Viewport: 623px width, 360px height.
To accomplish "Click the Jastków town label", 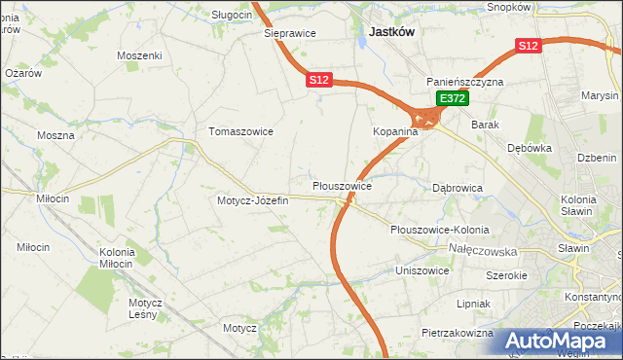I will click(391, 32).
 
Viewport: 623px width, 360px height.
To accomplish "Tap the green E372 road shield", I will click(453, 99).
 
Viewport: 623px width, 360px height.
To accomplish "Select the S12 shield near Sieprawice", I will click(320, 80).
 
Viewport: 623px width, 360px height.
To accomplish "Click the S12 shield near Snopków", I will click(528, 46).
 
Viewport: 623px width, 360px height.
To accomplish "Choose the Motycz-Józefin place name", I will click(253, 200).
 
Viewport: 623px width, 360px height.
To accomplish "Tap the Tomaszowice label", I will click(240, 131).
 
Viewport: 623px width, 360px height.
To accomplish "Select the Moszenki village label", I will click(139, 56).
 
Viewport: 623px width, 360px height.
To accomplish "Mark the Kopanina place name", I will click(395, 131).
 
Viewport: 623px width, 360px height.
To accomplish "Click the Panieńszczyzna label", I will click(464, 83).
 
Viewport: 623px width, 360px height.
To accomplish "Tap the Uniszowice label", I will click(421, 270).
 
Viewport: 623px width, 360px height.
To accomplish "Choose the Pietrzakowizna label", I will click(458, 333).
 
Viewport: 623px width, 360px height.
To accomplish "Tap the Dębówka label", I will click(531, 149).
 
